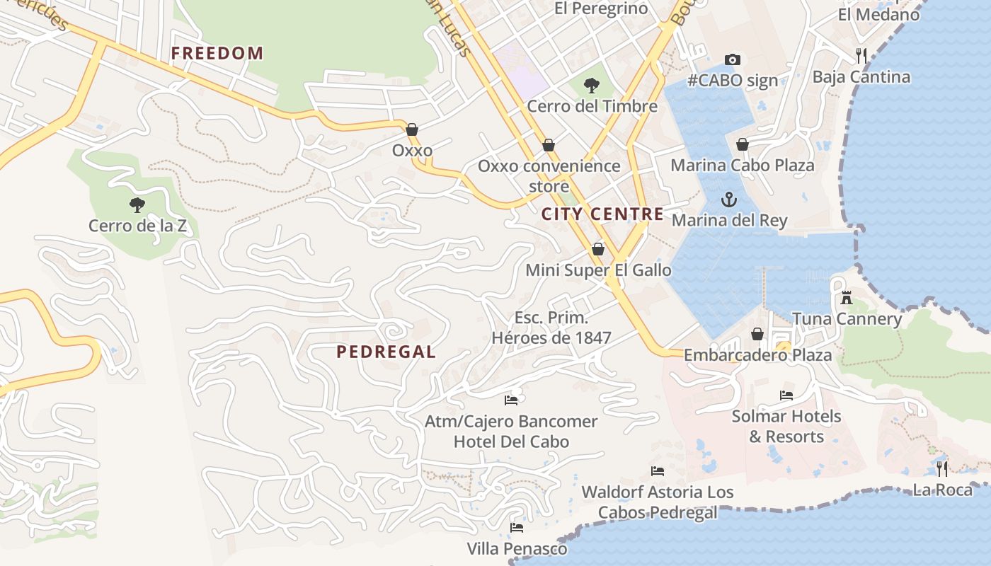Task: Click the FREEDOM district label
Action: pyautogui.click(x=217, y=53)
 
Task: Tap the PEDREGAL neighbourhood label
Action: pyautogui.click(x=386, y=352)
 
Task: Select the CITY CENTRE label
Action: pyautogui.click(x=602, y=214)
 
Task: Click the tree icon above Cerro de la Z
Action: pyautogui.click(x=137, y=205)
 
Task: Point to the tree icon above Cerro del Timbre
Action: pyautogui.click(x=591, y=86)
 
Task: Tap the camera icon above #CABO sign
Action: pyautogui.click(x=732, y=60)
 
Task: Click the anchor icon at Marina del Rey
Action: pyautogui.click(x=728, y=200)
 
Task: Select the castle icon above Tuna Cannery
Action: pyautogui.click(x=846, y=298)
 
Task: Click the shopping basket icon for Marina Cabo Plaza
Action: pyautogui.click(x=743, y=144)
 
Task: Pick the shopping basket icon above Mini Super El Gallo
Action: pyautogui.click(x=598, y=249)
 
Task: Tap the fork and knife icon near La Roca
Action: pyautogui.click(x=941, y=468)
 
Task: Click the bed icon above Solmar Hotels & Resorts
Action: pyautogui.click(x=786, y=395)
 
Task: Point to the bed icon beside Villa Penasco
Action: pyautogui.click(x=517, y=528)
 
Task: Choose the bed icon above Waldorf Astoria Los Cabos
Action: pyautogui.click(x=658, y=470)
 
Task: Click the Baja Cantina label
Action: pyautogui.click(x=861, y=76)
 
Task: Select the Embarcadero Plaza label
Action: pyautogui.click(x=757, y=354)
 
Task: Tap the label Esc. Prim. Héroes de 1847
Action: pyautogui.click(x=551, y=328)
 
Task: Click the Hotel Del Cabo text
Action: pyautogui.click(x=510, y=441)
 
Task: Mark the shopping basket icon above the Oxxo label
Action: pyautogui.click(x=412, y=129)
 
